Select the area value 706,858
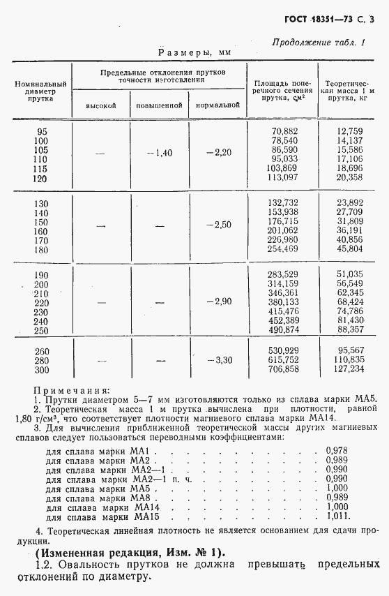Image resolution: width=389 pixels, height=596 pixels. click(x=284, y=369)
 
